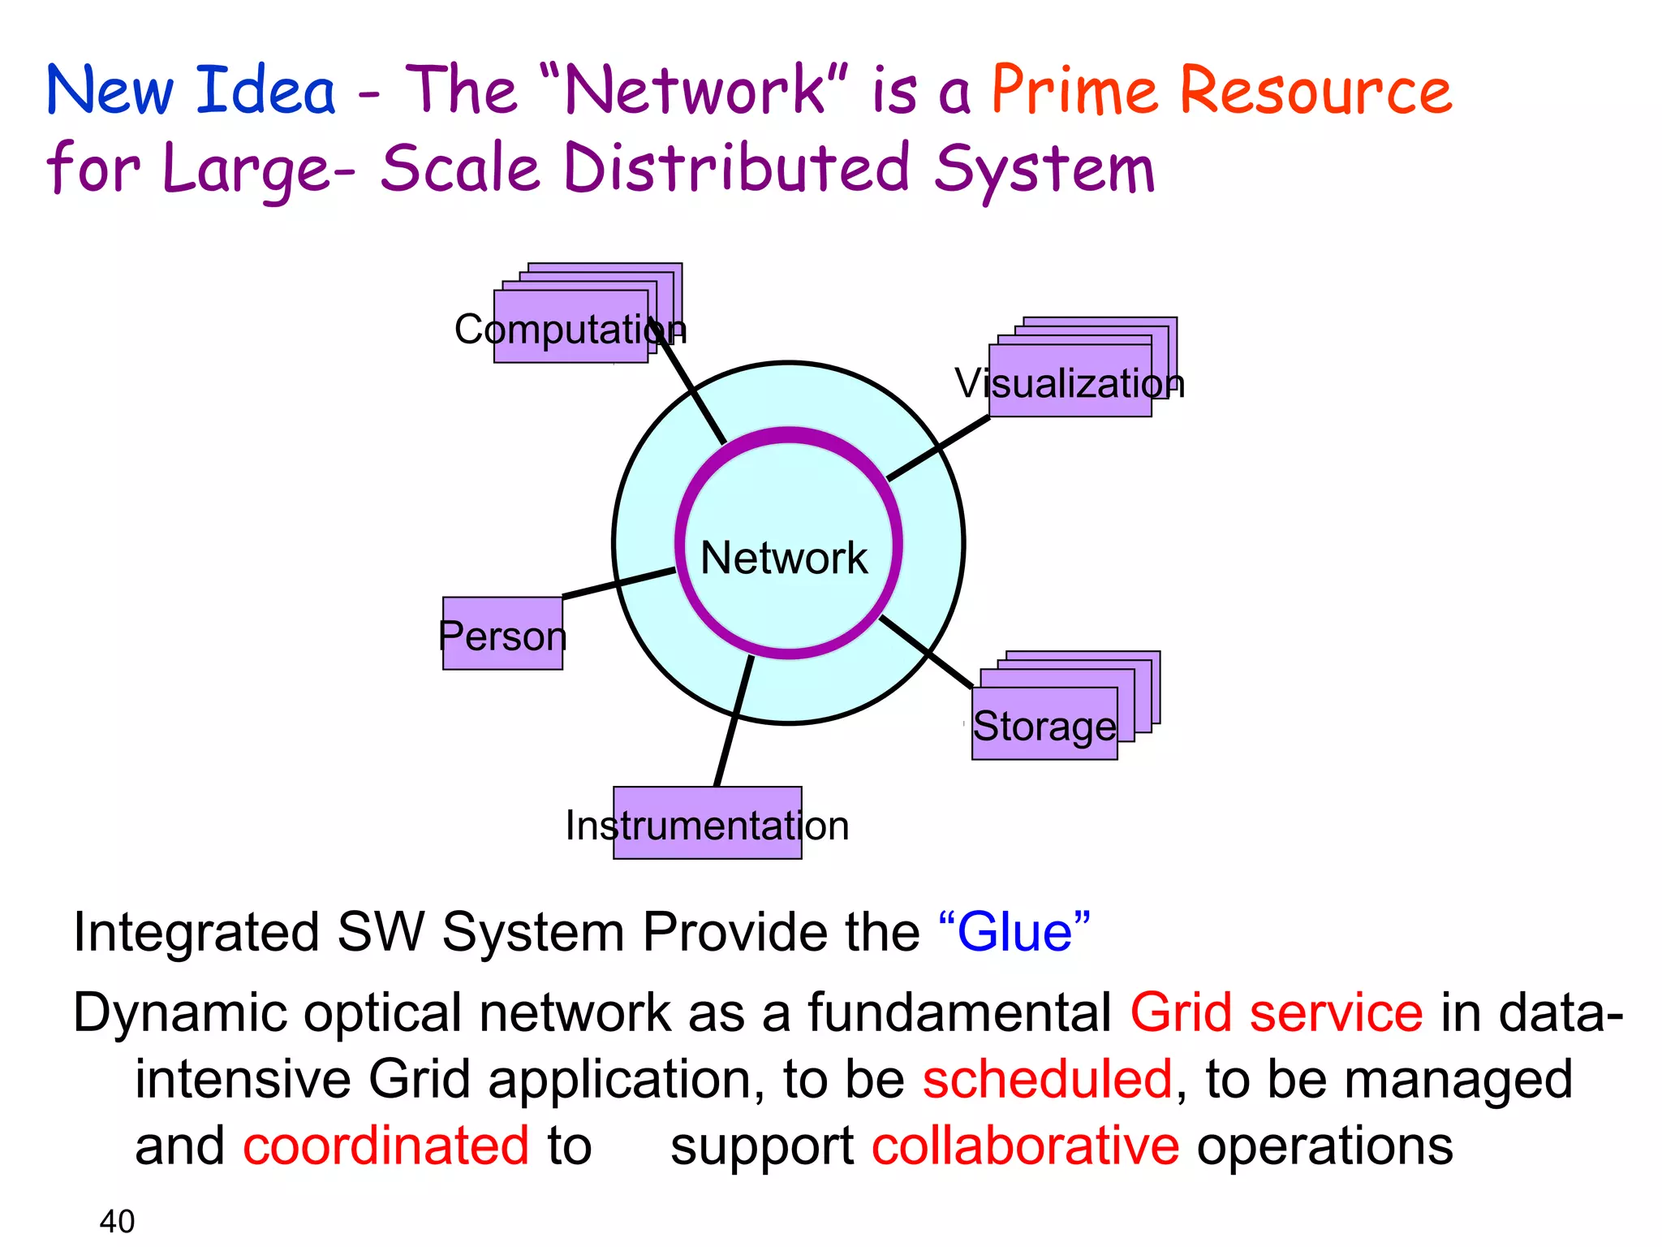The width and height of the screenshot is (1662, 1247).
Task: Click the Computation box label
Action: (x=571, y=330)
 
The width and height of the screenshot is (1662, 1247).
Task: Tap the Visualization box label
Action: (x=1070, y=383)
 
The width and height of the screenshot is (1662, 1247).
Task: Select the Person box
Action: (x=502, y=634)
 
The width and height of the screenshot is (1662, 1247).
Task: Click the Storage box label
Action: (x=1044, y=725)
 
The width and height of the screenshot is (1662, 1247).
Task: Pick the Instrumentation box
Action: (x=707, y=824)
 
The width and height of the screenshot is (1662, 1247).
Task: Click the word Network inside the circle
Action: (x=784, y=558)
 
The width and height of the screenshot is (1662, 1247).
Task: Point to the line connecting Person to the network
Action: (x=618, y=584)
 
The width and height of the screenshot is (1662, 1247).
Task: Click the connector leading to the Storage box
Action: (x=926, y=652)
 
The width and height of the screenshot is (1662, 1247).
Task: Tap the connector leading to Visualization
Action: (x=939, y=447)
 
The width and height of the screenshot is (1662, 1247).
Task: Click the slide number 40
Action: (x=117, y=1221)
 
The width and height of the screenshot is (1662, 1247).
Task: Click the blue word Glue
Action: (x=1014, y=932)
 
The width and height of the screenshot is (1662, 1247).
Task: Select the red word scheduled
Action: (x=1047, y=1080)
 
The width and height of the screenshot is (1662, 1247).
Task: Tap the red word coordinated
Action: (x=386, y=1146)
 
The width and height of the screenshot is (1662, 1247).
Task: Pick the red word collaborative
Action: (x=1025, y=1146)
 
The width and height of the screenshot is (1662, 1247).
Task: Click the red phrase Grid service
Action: (x=1276, y=1013)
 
